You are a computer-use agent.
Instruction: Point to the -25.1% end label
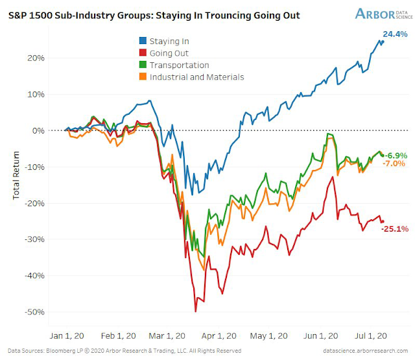pos(394,229)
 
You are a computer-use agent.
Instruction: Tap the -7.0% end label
pos(394,163)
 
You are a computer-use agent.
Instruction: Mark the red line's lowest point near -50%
pos(195,311)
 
